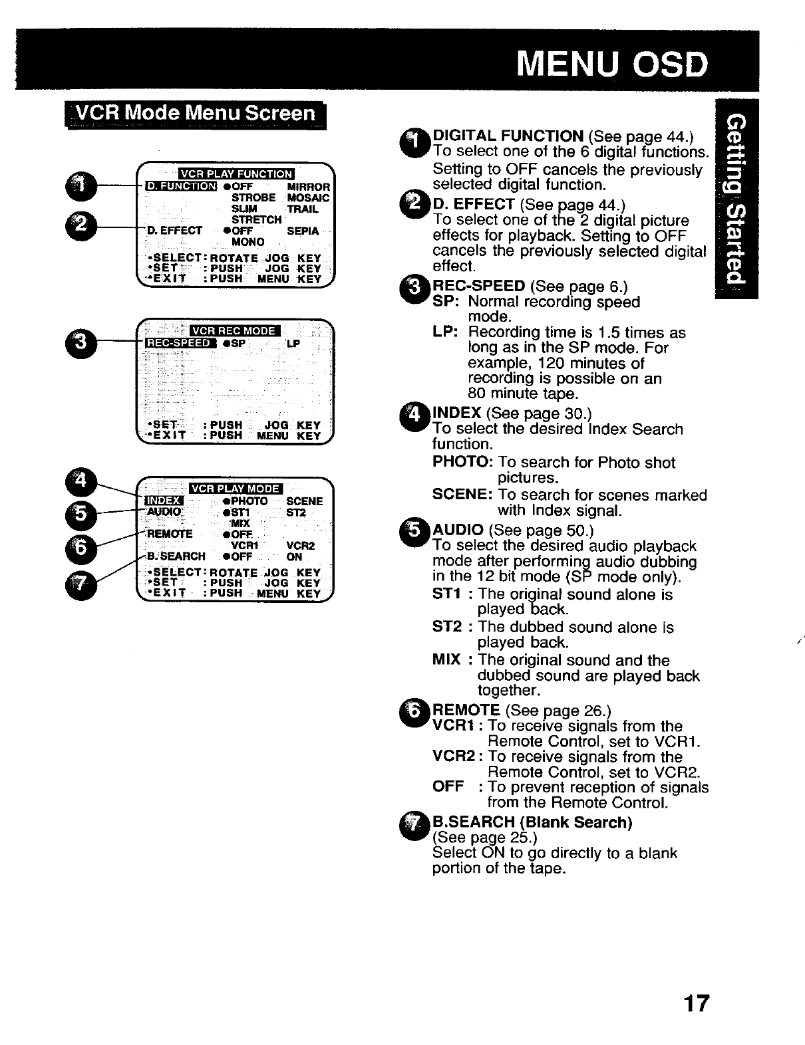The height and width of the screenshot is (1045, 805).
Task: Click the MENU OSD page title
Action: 612,64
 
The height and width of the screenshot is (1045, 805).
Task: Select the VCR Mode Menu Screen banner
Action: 195,114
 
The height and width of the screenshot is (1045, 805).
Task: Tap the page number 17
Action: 696,1002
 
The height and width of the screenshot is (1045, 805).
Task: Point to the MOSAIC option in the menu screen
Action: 308,198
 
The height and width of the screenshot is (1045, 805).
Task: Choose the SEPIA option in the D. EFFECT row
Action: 303,231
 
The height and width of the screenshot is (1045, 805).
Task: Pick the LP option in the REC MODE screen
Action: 293,344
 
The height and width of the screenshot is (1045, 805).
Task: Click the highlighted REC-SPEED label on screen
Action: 180,343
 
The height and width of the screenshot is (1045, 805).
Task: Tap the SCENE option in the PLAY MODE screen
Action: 304,501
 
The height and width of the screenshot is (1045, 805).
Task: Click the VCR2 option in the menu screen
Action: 300,546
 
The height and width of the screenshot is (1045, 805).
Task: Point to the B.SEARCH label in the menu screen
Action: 176,557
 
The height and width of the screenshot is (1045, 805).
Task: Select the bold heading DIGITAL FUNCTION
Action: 508,136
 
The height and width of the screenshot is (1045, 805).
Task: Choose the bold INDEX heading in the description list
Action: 457,413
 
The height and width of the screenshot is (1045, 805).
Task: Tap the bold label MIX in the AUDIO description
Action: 446,660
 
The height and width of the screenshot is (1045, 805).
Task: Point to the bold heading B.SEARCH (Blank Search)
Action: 532,822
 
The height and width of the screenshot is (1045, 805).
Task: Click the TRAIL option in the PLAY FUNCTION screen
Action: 303,209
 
